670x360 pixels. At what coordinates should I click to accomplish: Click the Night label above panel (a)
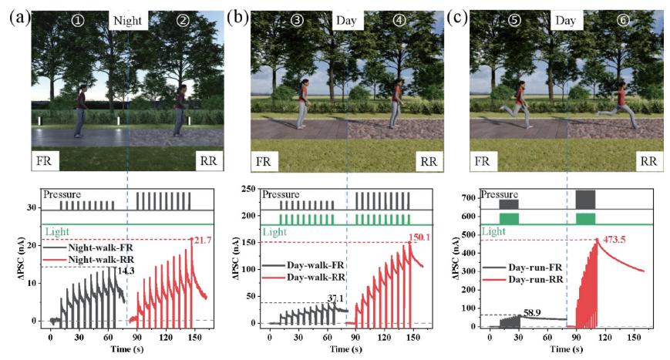pyautogui.click(x=127, y=21)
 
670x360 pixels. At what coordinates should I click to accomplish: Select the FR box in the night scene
pyautogui.click(x=45, y=161)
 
